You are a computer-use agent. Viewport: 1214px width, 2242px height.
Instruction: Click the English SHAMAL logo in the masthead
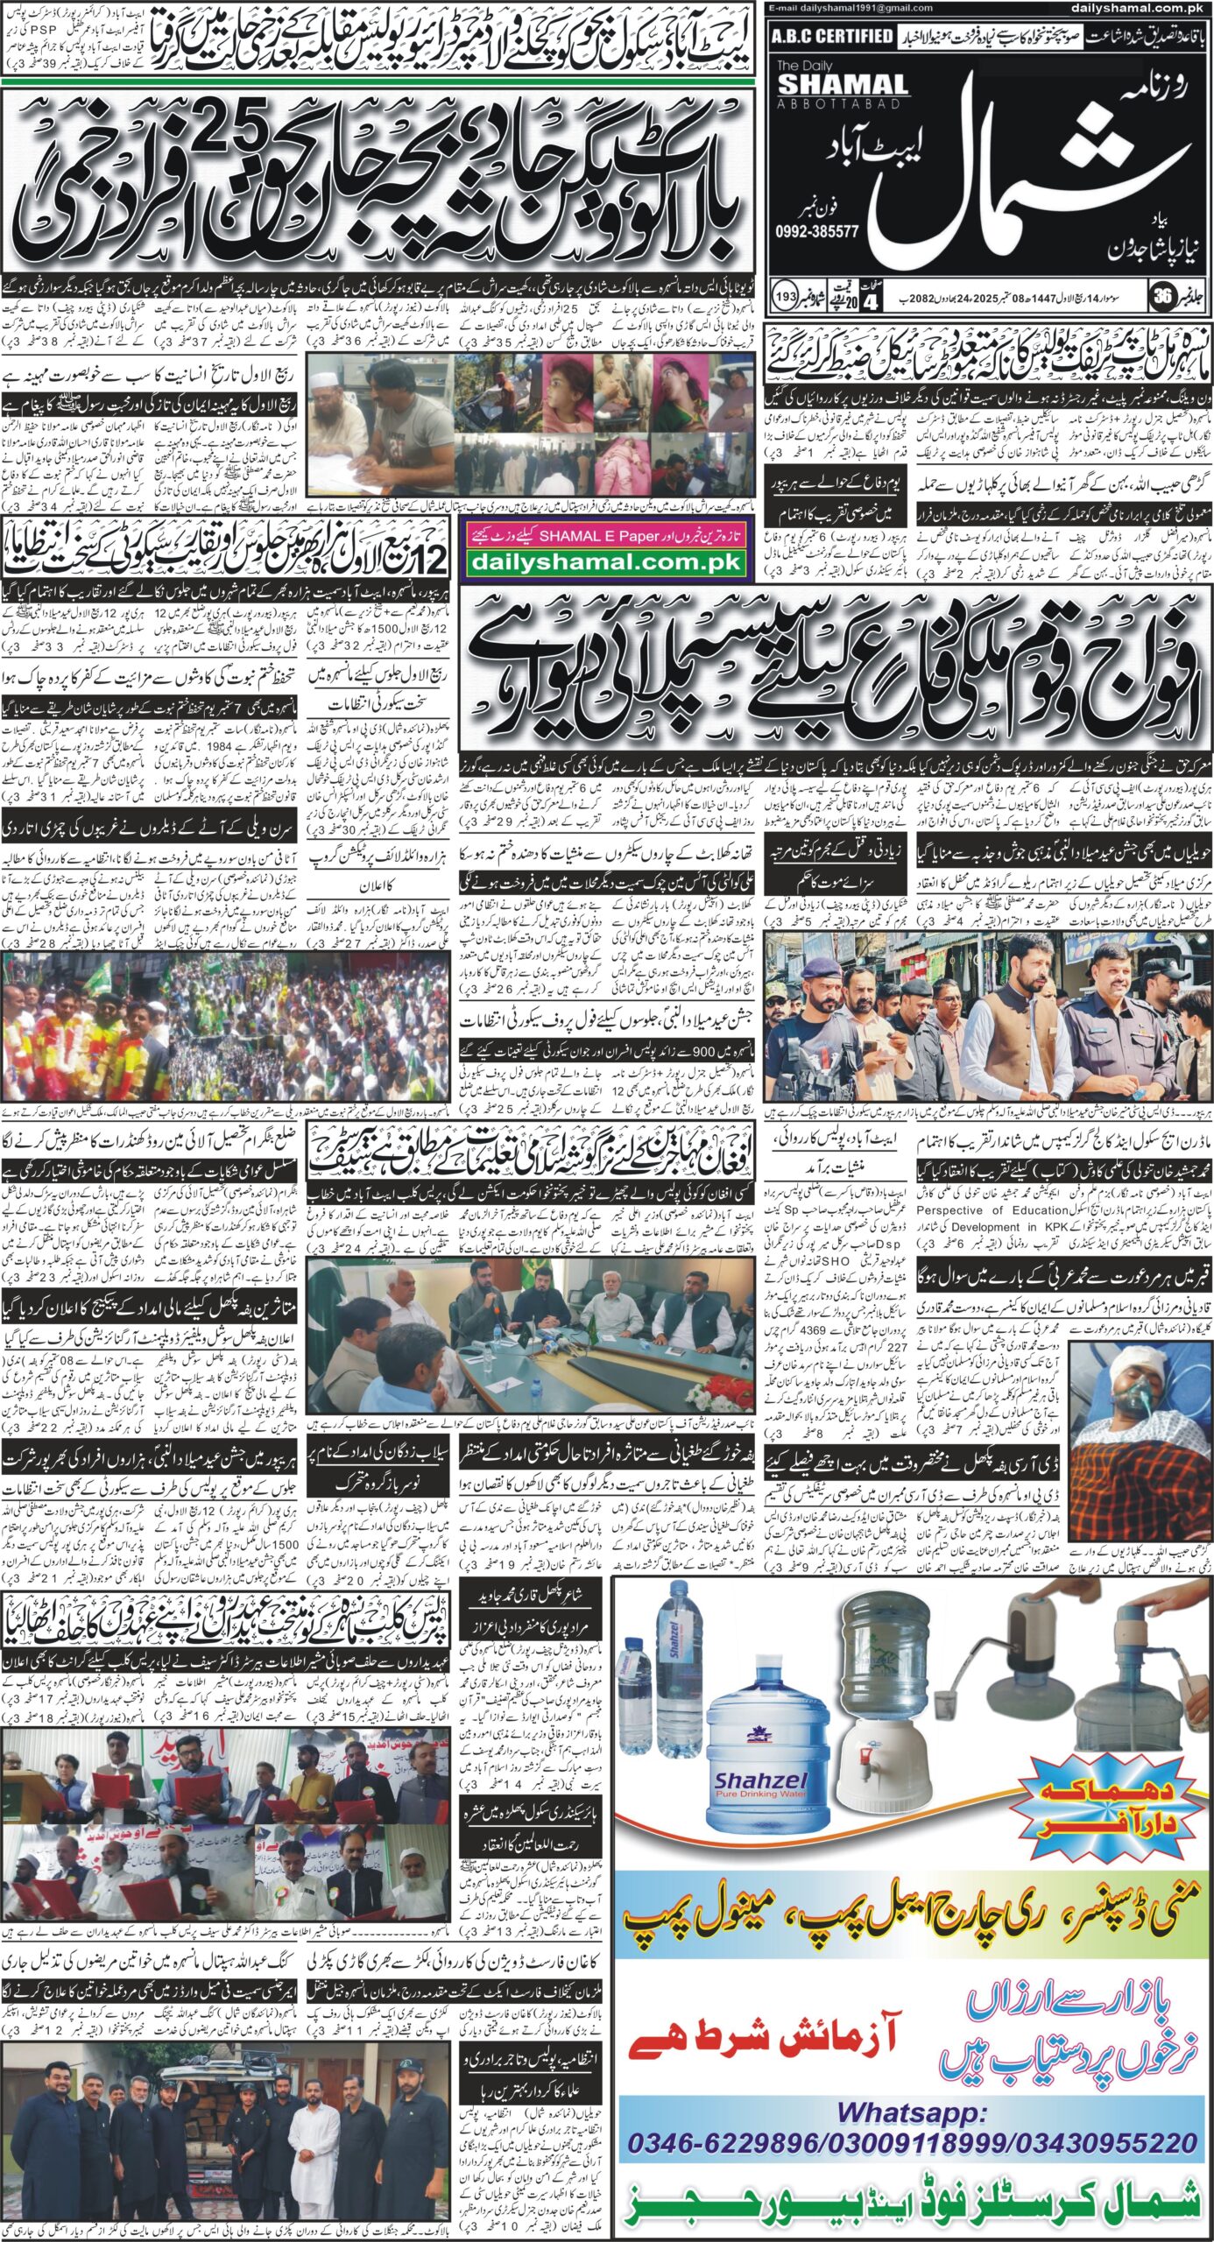[842, 84]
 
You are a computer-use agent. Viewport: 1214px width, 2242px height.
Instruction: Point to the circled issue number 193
[785, 298]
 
